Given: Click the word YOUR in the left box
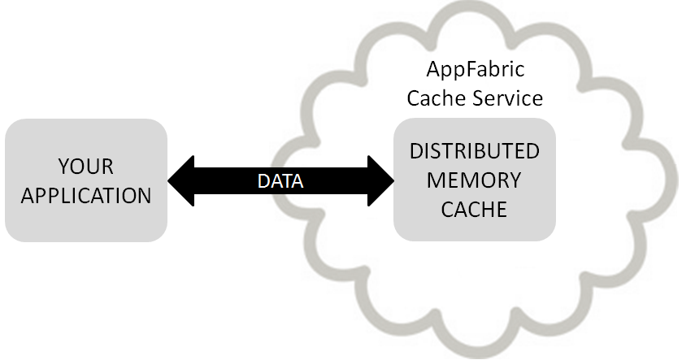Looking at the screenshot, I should (x=86, y=167).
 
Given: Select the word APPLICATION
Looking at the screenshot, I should (x=86, y=196).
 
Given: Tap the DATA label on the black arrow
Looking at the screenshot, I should (x=280, y=181).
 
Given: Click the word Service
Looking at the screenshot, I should (x=507, y=98).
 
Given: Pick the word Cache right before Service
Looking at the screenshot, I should (x=437, y=98).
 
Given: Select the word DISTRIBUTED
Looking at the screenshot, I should (x=474, y=151).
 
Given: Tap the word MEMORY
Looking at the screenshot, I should (x=474, y=180).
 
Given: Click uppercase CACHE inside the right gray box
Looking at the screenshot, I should (x=474, y=209).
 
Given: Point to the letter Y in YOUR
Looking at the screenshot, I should (x=63, y=167).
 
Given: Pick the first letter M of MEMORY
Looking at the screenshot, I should (x=436, y=180).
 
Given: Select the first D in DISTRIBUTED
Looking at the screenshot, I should (x=415, y=151).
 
